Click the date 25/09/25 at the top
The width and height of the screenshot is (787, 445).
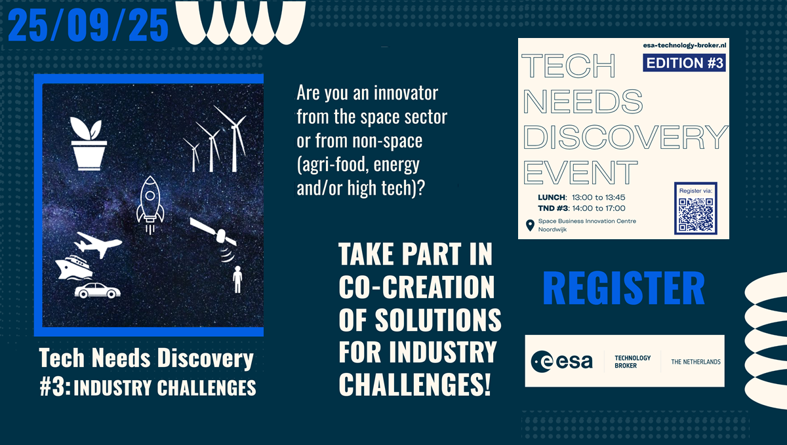(x=88, y=25)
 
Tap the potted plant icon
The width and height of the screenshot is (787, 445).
(x=89, y=144)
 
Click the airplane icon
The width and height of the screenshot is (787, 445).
(x=98, y=244)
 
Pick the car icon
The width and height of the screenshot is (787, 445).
(x=97, y=290)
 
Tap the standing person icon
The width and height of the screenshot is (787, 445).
(x=238, y=279)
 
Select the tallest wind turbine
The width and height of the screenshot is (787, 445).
(x=233, y=138)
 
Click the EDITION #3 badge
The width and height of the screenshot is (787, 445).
(x=684, y=63)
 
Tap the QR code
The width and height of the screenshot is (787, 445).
(x=696, y=214)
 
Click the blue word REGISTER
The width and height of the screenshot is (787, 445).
(x=624, y=288)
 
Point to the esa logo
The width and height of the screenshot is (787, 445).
(x=561, y=361)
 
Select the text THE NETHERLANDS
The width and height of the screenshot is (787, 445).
(x=696, y=362)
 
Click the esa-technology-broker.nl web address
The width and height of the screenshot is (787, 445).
(x=685, y=45)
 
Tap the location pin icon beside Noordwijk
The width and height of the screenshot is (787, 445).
(x=530, y=225)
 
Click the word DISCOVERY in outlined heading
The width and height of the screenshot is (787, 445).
(x=626, y=136)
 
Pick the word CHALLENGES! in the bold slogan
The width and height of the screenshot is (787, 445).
(x=414, y=384)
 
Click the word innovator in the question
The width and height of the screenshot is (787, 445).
(x=406, y=93)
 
